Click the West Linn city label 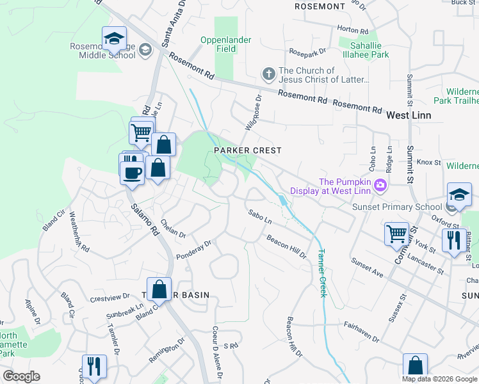coord(409,115)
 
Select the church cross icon coord(268,75)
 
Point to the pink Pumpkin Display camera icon coord(381,186)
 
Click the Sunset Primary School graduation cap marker coord(459,196)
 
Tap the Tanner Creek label coord(321,273)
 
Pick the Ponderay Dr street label coord(194,250)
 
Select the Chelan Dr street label coord(173,229)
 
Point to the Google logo coord(21,376)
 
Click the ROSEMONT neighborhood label coord(320,6)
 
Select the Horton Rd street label coord(353,30)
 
